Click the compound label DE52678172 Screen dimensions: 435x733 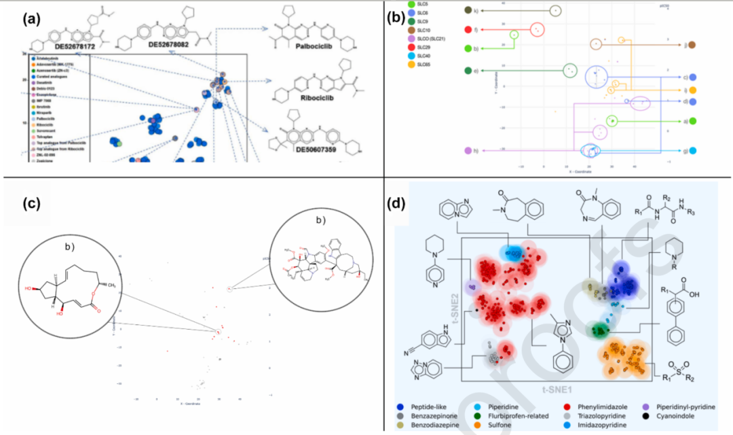pyautogui.click(x=72, y=46)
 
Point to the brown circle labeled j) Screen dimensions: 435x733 pyautogui.click(x=693, y=45)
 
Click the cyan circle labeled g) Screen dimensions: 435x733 pyautogui.click(x=693, y=151)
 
